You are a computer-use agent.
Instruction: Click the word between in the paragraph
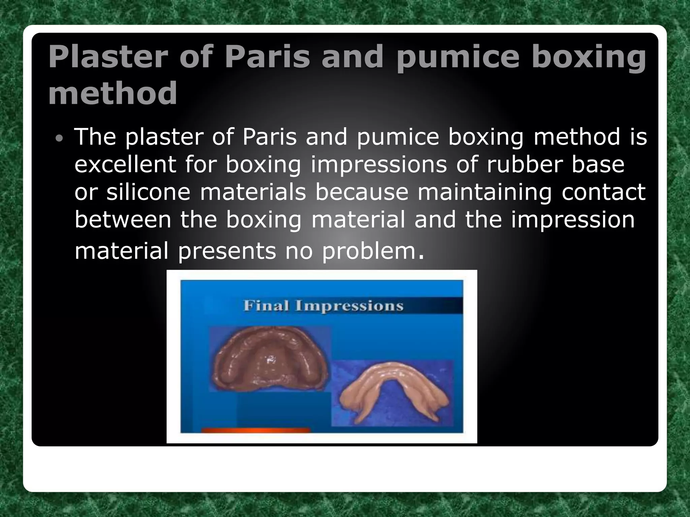123,219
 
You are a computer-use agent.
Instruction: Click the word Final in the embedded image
266,306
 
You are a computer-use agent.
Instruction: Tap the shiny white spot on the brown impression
270,360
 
